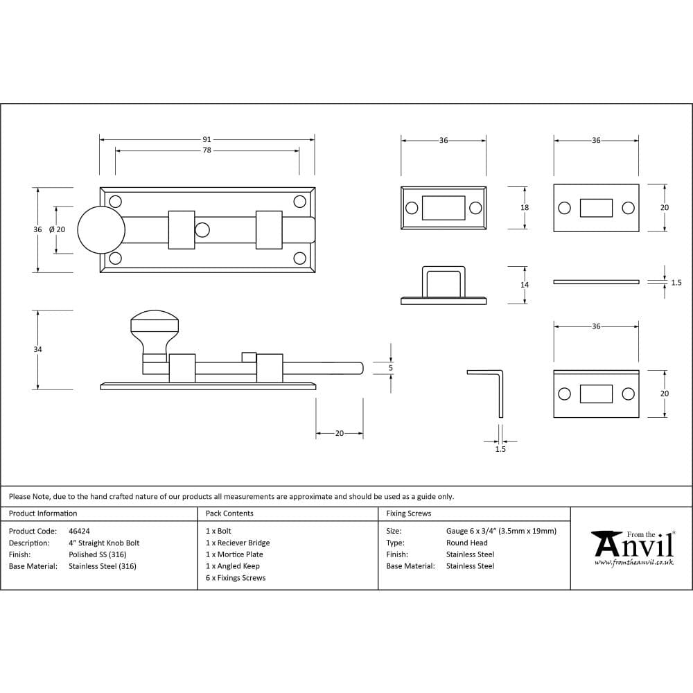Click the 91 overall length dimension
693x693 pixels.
pyautogui.click(x=207, y=139)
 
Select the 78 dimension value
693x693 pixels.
pyautogui.click(x=207, y=150)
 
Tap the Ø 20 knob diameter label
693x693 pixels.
pyautogui.click(x=57, y=229)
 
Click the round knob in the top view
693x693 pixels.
pyautogui.click(x=100, y=229)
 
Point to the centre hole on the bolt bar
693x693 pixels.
pyautogui.click(x=202, y=229)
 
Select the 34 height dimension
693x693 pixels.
pyautogui.click(x=37, y=350)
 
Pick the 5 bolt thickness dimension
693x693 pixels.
pyautogui.click(x=391, y=368)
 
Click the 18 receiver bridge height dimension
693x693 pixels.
pyautogui.click(x=525, y=208)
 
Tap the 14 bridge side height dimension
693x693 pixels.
pyautogui.click(x=525, y=285)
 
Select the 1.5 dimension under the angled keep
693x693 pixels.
pyautogui.click(x=500, y=449)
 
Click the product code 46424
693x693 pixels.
pyautogui.click(x=79, y=531)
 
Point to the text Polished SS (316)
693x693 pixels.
pyautogui.click(x=97, y=554)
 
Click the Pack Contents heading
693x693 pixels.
pyautogui.click(x=229, y=514)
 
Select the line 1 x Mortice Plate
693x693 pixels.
pyautogui.click(x=234, y=554)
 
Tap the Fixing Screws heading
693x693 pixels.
pyautogui.click(x=408, y=514)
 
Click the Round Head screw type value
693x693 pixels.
pyautogui.click(x=466, y=543)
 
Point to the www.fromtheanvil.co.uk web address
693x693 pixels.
pyautogui.click(x=633, y=563)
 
